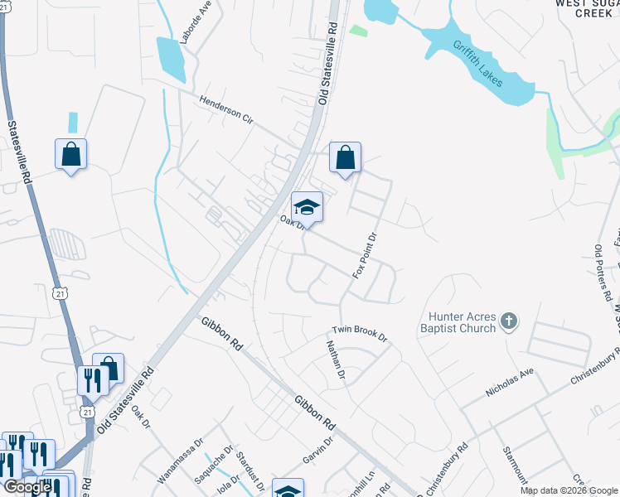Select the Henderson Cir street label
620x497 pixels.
click(x=226, y=109)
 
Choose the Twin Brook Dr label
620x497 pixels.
click(x=361, y=333)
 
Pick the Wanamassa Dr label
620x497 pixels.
click(x=181, y=461)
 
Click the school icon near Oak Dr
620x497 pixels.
click(x=307, y=207)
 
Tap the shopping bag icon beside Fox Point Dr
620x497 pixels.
click(x=345, y=157)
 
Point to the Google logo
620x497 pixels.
click(x=27, y=487)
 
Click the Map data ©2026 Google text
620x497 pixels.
click(x=569, y=490)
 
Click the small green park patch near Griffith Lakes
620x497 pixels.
click(x=357, y=31)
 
